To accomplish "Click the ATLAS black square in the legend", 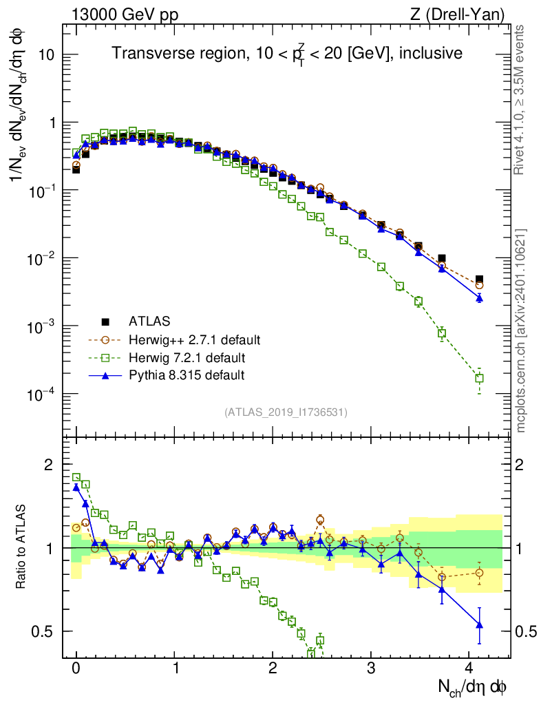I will point(105,321).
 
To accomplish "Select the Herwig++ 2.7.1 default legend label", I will point(194,339).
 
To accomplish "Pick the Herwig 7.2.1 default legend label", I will point(187,357).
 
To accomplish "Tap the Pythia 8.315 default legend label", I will point(187,375).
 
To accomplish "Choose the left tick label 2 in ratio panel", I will point(48,465).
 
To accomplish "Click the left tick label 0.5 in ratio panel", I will point(43,631).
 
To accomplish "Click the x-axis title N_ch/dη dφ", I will point(473,687).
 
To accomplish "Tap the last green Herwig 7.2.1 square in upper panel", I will point(479,378).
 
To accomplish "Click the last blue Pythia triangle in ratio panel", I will point(479,624).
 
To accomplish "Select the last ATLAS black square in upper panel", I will point(479,280).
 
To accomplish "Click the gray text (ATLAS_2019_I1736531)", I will point(286,412).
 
